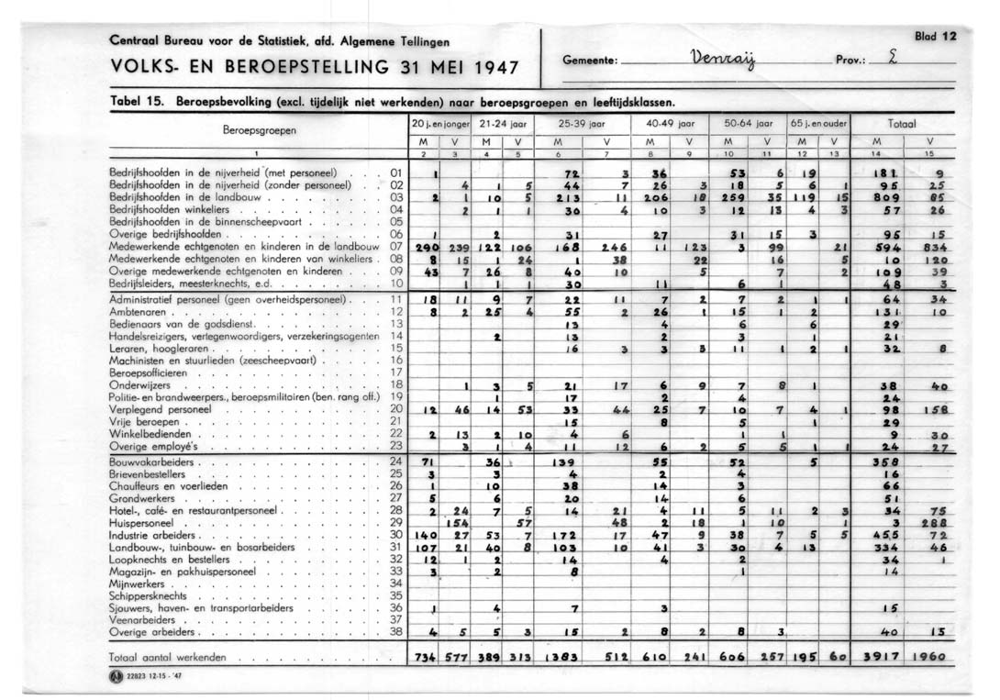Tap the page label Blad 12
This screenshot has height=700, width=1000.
[935, 37]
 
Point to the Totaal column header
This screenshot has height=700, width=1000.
[904, 122]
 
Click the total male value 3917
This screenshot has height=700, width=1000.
[877, 658]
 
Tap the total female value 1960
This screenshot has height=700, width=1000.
[931, 658]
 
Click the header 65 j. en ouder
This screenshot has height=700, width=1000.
[817, 122]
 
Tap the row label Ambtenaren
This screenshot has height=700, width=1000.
[137, 312]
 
